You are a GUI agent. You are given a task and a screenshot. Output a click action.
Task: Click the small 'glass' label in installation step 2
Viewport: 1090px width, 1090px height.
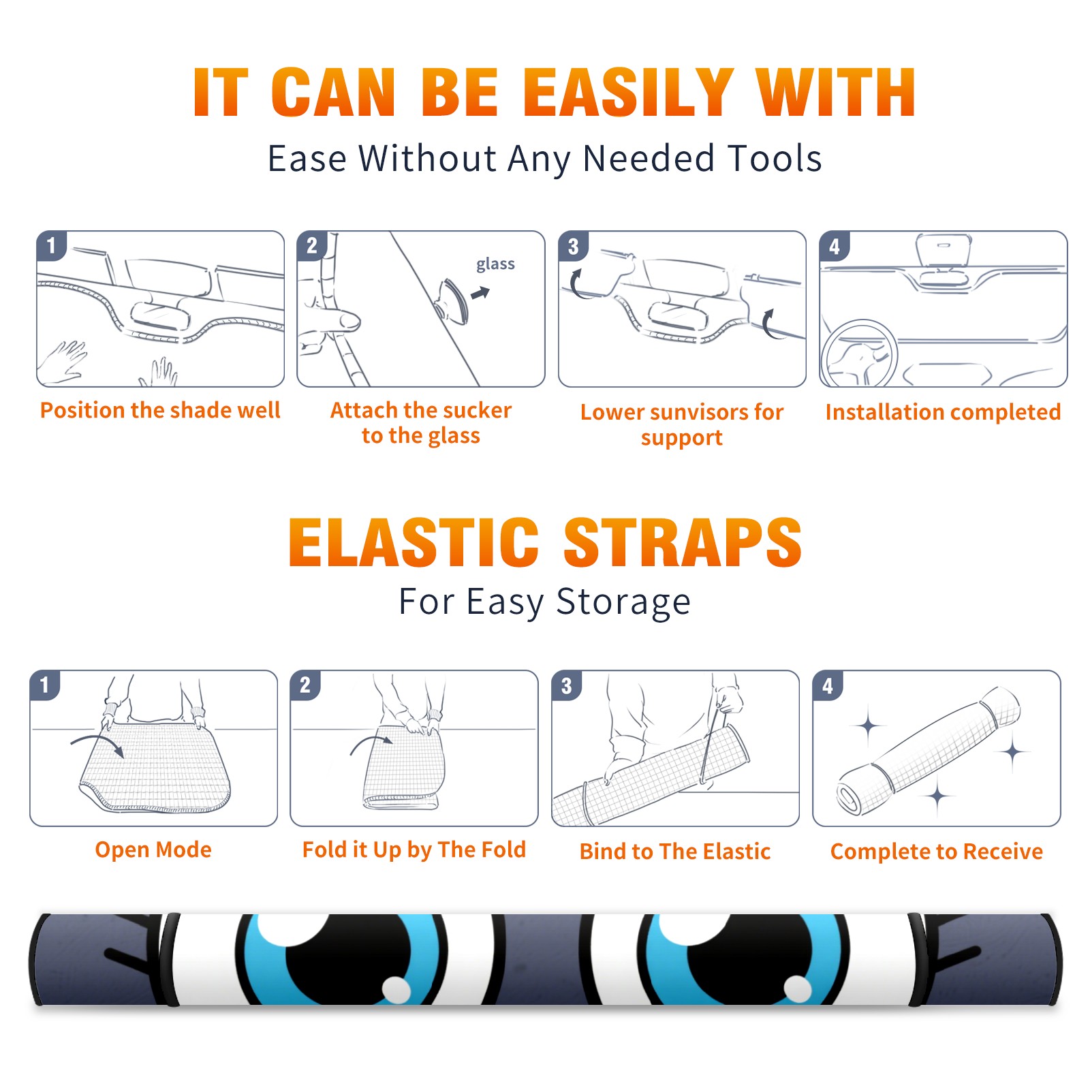point(495,264)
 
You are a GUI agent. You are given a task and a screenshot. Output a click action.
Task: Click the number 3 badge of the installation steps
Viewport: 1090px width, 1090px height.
point(573,246)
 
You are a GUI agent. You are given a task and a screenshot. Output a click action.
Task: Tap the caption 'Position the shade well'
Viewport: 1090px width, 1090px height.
point(160,410)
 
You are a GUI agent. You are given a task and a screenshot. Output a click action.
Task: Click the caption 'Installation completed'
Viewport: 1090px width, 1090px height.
point(943,411)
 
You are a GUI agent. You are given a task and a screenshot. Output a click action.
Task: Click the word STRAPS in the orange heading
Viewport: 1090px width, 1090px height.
point(683,542)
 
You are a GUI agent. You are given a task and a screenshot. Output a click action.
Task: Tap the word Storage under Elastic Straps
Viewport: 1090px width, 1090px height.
point(623,602)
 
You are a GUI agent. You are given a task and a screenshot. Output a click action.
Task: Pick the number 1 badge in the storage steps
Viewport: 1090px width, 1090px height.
point(45,685)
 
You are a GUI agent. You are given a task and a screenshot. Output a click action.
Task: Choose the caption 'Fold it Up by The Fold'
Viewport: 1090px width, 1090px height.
point(414,850)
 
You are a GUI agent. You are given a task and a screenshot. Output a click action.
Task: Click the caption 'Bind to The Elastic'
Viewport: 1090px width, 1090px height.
point(675,851)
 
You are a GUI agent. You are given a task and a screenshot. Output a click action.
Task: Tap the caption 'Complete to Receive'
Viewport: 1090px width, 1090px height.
point(937,851)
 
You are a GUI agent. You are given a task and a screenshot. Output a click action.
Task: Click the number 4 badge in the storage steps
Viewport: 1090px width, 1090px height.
point(828,685)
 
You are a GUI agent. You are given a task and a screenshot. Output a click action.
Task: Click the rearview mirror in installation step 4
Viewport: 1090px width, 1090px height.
point(944,250)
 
